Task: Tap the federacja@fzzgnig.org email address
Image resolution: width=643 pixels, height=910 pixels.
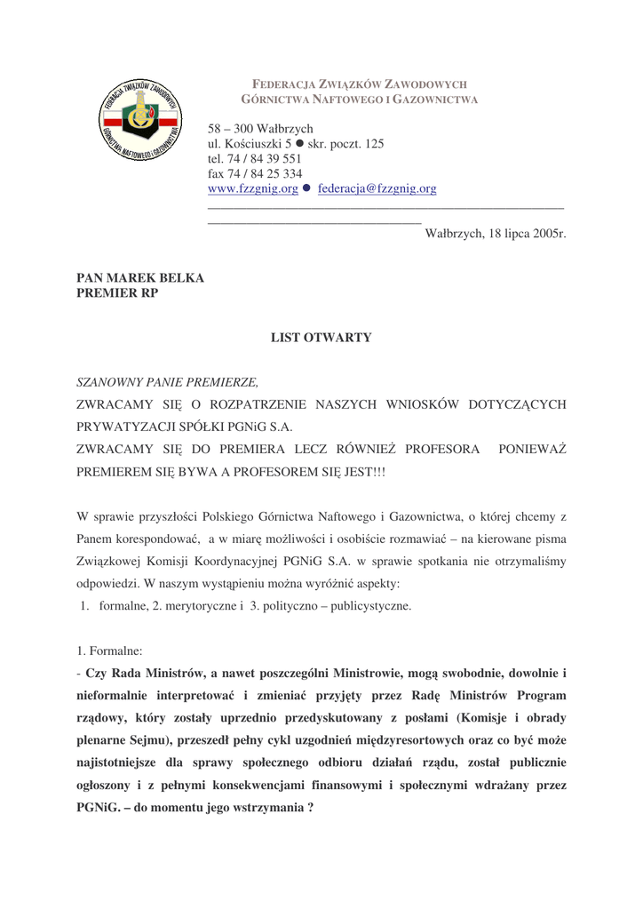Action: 377,189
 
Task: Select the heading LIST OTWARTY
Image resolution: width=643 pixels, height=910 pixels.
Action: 321,338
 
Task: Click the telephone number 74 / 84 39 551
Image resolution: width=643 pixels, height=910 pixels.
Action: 264,159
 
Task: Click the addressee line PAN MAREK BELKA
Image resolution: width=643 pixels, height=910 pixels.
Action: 140,278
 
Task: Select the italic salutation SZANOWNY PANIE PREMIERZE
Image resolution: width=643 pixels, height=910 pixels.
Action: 168,383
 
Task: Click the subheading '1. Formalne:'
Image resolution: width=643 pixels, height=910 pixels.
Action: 115,651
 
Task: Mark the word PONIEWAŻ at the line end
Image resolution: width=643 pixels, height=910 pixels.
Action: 532,449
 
